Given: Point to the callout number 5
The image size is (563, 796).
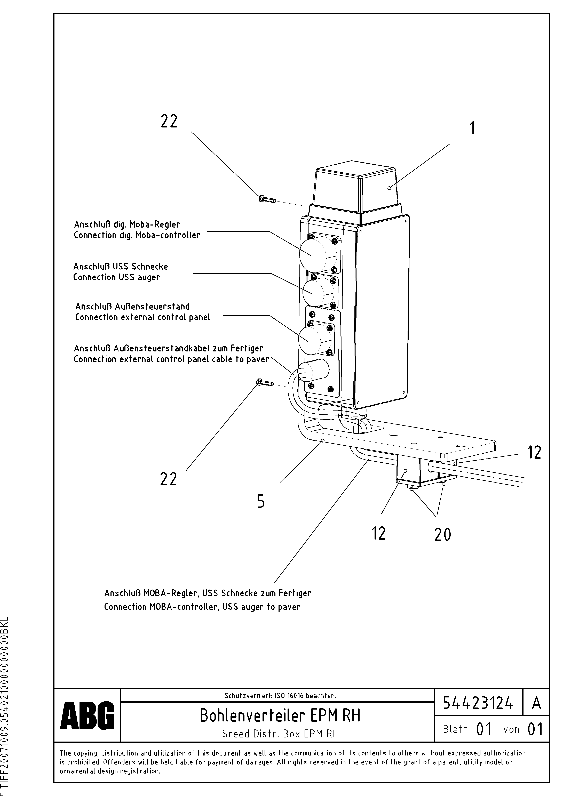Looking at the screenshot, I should tap(260, 501).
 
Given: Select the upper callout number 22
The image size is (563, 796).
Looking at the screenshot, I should tap(169, 121).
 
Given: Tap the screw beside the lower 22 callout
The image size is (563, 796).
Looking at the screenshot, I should tap(265, 383).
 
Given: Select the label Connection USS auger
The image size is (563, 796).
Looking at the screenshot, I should tap(117, 277).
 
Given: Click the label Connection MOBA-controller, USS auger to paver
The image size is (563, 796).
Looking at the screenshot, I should tap(202, 607).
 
